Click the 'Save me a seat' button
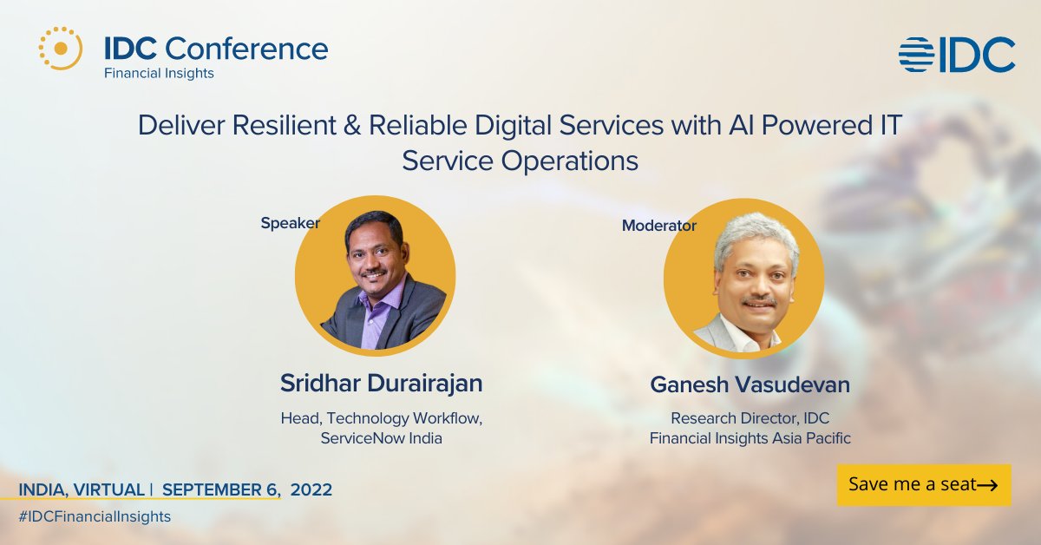coord(924,484)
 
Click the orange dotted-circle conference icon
coord(61,49)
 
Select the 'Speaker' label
coord(290,223)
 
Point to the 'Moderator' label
coord(659,226)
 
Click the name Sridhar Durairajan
coord(381,384)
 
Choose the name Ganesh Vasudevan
coord(750,384)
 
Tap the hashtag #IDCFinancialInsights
coord(95,516)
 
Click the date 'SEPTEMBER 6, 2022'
coord(247,489)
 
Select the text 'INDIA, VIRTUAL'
coord(82,489)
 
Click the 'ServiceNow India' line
coord(381,438)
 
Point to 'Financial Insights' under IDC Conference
coord(159,74)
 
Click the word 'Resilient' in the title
coord(285,125)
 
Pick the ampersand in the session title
coord(352,126)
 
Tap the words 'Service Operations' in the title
coord(520,161)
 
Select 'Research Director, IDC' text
coord(750,418)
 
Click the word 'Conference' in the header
coord(246,49)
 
